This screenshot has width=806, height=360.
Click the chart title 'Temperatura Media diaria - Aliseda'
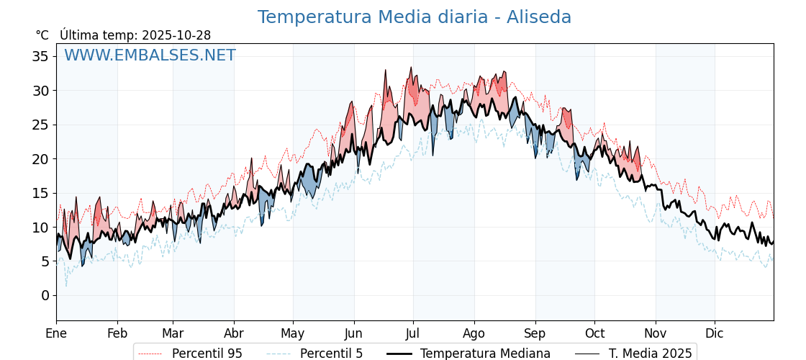coord(415,17)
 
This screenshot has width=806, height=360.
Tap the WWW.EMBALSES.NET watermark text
coord(150,55)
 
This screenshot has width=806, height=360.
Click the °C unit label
coord(42,35)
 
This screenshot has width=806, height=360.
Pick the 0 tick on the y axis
coord(45,295)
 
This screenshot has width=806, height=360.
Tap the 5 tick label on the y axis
coord(45,261)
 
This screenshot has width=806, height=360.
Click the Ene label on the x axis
coord(56,333)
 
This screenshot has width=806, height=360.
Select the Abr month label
coord(234,333)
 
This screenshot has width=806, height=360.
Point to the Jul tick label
coord(413,333)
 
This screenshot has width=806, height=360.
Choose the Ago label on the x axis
coord(474,333)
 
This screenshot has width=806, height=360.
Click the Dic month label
coord(715,333)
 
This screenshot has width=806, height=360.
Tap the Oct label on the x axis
coord(594,333)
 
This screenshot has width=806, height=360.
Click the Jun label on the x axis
coord(353,333)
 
